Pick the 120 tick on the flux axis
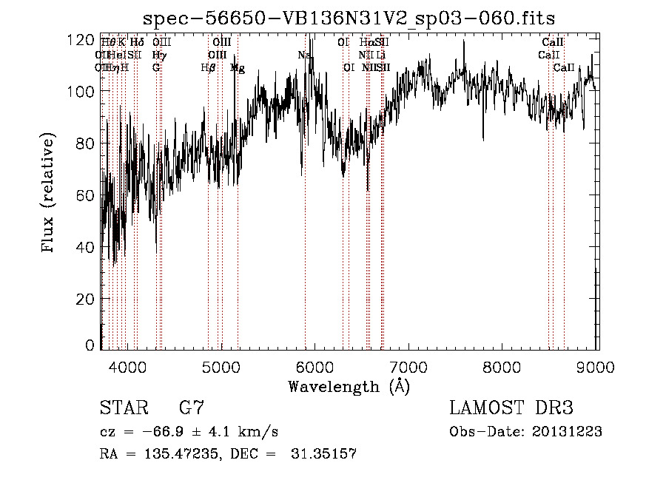81,40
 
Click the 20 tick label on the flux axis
85,299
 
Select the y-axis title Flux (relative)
50,195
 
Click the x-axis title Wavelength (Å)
349,386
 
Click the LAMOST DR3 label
511,409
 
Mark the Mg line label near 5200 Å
237,68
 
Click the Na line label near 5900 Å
303,55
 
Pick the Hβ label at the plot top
208,68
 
